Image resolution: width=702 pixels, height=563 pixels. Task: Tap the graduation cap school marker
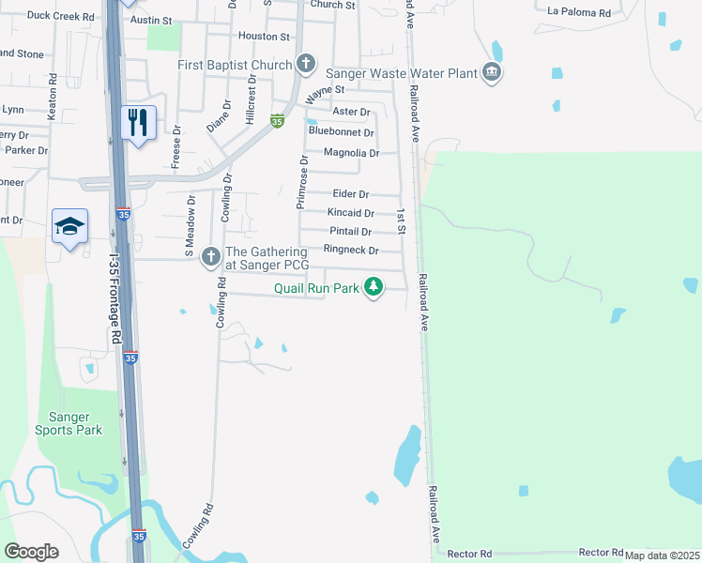(x=70, y=226)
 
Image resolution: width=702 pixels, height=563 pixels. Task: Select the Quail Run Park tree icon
(x=374, y=286)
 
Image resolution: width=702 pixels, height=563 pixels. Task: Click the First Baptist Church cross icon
(x=305, y=65)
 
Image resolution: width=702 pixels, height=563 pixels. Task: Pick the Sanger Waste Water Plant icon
(x=491, y=72)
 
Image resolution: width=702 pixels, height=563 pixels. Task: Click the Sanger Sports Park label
(x=68, y=423)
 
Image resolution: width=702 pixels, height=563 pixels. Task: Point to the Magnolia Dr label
(x=350, y=153)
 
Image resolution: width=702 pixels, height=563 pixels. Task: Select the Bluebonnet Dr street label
(x=342, y=132)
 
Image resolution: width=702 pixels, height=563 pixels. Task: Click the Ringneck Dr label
(x=350, y=251)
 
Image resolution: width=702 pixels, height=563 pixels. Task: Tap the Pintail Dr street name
(x=350, y=232)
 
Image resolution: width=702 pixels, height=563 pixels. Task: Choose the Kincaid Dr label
(x=350, y=213)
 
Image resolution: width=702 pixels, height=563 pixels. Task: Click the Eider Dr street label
(x=350, y=193)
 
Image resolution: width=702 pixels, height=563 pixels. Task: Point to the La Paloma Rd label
(x=578, y=13)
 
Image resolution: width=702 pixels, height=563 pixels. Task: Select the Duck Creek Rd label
(x=60, y=16)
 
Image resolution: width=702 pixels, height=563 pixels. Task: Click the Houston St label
(x=264, y=36)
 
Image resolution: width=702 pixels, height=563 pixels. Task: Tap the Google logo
(x=31, y=552)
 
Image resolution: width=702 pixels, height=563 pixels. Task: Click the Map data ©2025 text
(x=662, y=555)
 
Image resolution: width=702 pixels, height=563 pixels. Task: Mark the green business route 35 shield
(x=277, y=121)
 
